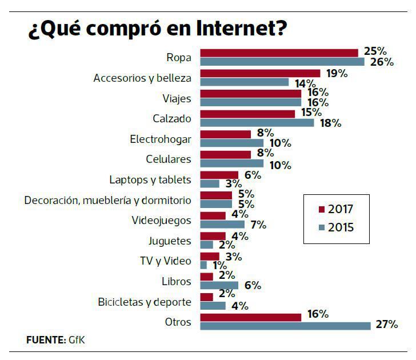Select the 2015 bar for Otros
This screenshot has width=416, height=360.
(x=285, y=326)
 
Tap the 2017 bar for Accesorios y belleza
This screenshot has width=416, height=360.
(x=260, y=73)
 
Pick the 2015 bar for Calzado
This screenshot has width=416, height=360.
(x=257, y=122)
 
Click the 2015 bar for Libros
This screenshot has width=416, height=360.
(x=219, y=285)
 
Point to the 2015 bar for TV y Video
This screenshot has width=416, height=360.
(x=203, y=265)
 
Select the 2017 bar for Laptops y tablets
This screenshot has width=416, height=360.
(x=219, y=175)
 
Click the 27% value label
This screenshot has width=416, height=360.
(x=386, y=325)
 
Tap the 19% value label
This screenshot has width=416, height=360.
(x=336, y=73)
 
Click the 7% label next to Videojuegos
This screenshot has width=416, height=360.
(x=258, y=225)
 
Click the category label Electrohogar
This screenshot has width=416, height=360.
(x=161, y=139)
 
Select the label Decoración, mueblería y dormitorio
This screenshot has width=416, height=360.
(x=108, y=200)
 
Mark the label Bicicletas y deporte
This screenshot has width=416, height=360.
(x=145, y=301)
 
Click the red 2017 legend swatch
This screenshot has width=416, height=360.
(x=321, y=209)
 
